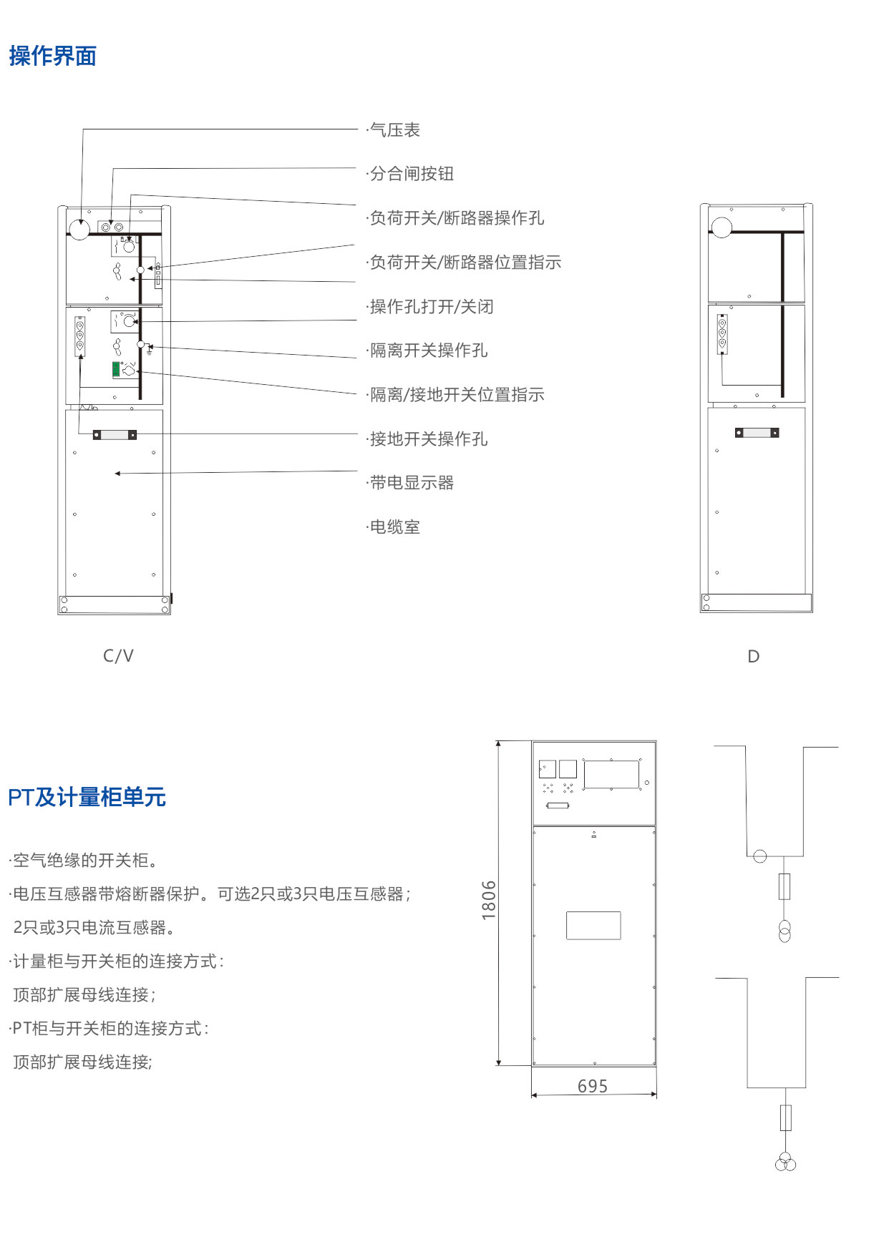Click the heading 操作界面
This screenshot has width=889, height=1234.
pyautogui.click(x=53, y=56)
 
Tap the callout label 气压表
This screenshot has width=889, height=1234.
pyautogui.click(x=394, y=130)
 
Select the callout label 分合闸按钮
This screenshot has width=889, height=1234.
pyautogui.click(x=412, y=174)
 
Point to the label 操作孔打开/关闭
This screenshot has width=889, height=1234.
pyautogui.click(x=431, y=307)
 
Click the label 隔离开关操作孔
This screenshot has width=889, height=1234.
pyautogui.click(x=428, y=351)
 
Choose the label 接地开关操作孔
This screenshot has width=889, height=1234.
pyautogui.click(x=428, y=439)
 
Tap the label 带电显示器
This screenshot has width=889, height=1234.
pyautogui.click(x=412, y=483)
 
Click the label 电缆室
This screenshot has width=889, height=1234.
pyautogui.click(x=394, y=527)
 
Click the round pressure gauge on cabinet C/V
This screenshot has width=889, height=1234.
pyautogui.click(x=79, y=230)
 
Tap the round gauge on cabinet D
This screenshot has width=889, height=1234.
pyautogui.click(x=722, y=227)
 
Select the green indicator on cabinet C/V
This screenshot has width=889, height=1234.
pyautogui.click(x=115, y=369)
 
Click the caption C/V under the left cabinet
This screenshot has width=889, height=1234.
pyautogui.click(x=118, y=656)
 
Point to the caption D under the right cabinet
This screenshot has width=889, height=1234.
pyautogui.click(x=753, y=657)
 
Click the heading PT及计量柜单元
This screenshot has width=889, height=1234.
pyautogui.click(x=87, y=797)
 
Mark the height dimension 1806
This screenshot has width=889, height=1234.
pyautogui.click(x=488, y=900)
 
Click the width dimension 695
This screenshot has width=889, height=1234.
pyautogui.click(x=593, y=1087)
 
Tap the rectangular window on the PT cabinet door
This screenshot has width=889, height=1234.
pyautogui.click(x=593, y=925)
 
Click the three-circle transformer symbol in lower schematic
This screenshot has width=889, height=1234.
pyautogui.click(x=785, y=1162)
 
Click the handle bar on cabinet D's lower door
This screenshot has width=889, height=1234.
pyautogui.click(x=757, y=433)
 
